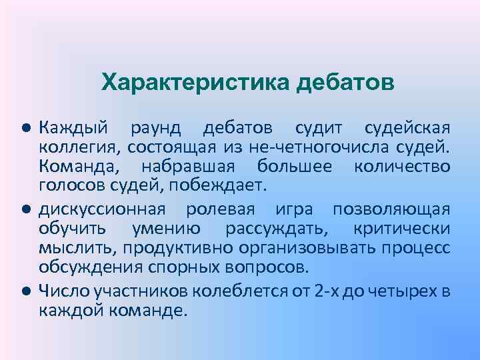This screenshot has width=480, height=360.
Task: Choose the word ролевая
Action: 220,209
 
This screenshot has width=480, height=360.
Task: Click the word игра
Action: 293,209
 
